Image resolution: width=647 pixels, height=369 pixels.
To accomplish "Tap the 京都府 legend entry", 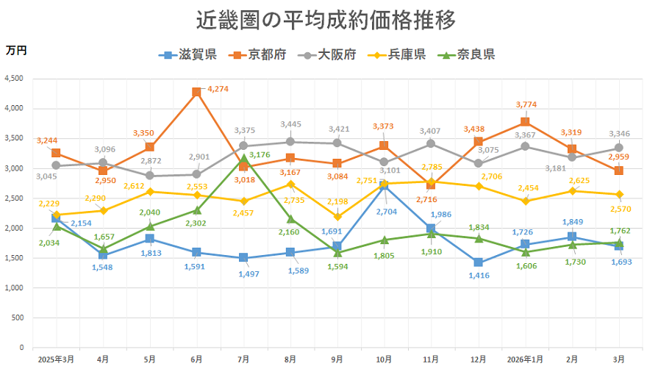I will click(257, 54).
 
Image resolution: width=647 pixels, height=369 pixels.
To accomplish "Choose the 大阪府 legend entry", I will click(326, 54).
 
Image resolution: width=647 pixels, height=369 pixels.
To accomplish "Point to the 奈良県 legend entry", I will click(465, 54).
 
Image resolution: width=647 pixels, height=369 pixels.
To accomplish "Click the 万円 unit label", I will click(15, 50).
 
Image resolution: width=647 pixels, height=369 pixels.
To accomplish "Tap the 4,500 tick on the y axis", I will click(13, 79).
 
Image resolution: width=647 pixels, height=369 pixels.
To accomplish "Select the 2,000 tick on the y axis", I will click(13, 228).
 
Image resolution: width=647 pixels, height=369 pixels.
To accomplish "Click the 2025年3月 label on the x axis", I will click(57, 359).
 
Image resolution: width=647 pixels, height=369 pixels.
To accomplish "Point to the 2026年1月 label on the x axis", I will click(525, 359).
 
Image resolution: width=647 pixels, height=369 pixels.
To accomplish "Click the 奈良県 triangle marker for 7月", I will click(243, 157).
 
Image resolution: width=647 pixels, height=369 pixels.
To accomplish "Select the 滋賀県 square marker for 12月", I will click(478, 262).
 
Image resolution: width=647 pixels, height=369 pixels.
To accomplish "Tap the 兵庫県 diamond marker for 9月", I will click(337, 216).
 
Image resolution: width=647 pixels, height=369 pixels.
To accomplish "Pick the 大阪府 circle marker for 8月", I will click(290, 142).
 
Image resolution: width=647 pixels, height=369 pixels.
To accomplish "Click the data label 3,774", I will click(526, 104).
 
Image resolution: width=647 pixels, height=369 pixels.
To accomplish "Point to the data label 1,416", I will click(478, 276).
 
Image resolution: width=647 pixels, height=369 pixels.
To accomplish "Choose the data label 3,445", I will click(291, 124).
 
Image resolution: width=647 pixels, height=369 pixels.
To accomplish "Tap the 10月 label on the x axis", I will click(384, 359).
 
